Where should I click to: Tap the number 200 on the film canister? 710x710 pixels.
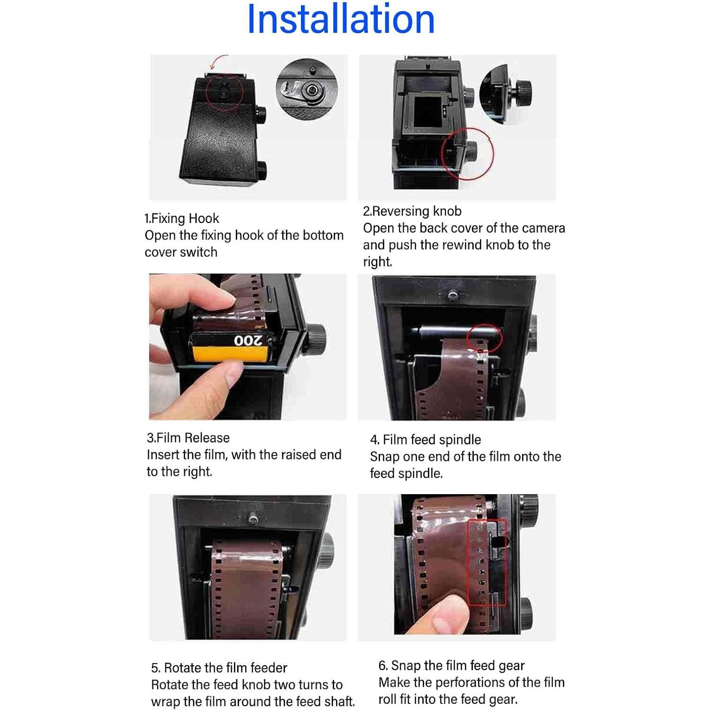pyautogui.click(x=248, y=341)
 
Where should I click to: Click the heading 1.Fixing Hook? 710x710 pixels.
pyautogui.click(x=182, y=218)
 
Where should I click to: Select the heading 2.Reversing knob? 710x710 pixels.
pyautogui.click(x=412, y=211)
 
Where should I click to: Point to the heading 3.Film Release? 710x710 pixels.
pyautogui.click(x=188, y=437)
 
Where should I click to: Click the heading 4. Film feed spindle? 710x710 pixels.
pyautogui.click(x=425, y=439)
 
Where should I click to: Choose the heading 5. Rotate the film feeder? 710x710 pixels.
pyautogui.click(x=219, y=667)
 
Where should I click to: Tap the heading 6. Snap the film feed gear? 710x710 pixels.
pyautogui.click(x=451, y=665)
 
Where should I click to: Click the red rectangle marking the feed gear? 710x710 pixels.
pyautogui.click(x=487, y=563)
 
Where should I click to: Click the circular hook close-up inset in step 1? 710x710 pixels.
pyautogui.click(x=307, y=89)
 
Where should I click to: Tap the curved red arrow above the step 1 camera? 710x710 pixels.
pyautogui.click(x=218, y=62)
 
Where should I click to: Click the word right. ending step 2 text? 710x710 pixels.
pyautogui.click(x=377, y=262)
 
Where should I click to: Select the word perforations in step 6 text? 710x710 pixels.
pyautogui.click(x=479, y=682)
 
